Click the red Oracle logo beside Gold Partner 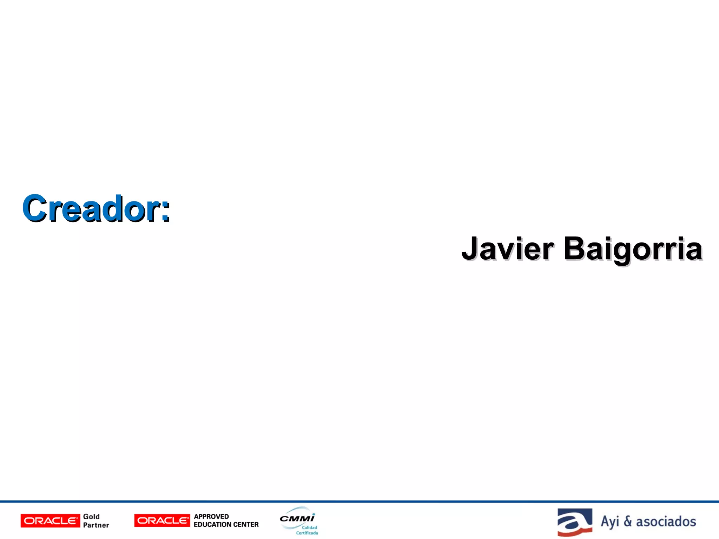[x=50, y=521]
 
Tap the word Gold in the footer [x=91, y=517]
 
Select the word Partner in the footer [x=96, y=525]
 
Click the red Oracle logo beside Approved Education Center [x=162, y=520]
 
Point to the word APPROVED [x=211, y=517]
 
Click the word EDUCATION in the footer [x=209, y=525]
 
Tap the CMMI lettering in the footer [x=297, y=518]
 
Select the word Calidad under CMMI [x=309, y=527]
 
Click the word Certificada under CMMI [x=307, y=533]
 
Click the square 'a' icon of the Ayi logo [x=575, y=522]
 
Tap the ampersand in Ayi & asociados [x=628, y=521]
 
